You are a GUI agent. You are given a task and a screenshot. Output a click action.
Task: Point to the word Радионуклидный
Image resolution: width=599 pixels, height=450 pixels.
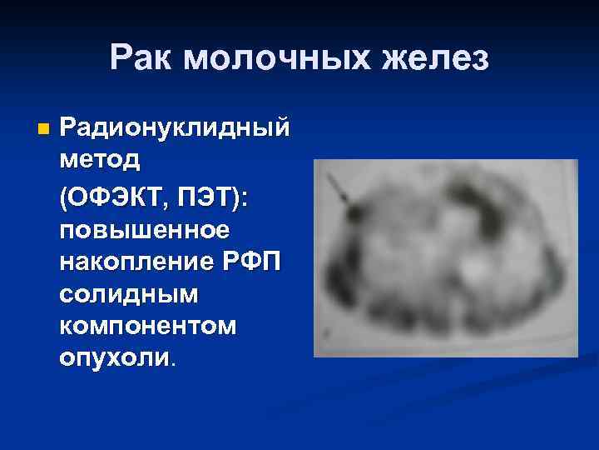pyautogui.click(x=175, y=129)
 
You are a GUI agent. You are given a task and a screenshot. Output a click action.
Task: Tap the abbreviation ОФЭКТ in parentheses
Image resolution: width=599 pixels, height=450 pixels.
pyautogui.click(x=118, y=197)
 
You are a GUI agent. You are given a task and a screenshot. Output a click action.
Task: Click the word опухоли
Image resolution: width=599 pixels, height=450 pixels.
pyautogui.click(x=114, y=358)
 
